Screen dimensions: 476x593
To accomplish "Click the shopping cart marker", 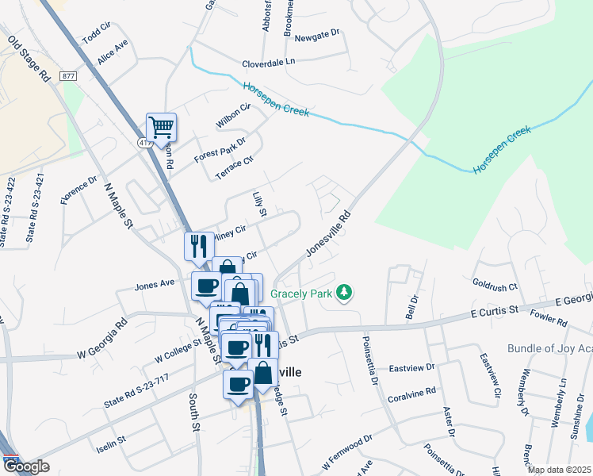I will tap(161, 127).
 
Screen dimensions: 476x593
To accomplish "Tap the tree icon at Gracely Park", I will tap(343, 293).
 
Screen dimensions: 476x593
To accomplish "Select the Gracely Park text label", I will tap(302, 293).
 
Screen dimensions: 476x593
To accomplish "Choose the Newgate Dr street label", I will tap(316, 35).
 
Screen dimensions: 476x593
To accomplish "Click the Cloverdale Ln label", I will tap(269, 61).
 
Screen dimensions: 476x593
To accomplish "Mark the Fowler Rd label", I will tap(551, 323).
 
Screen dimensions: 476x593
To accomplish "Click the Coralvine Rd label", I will tap(412, 392).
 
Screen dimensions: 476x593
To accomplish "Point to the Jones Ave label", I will tap(155, 283).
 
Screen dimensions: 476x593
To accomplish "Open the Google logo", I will tap(26, 466).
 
